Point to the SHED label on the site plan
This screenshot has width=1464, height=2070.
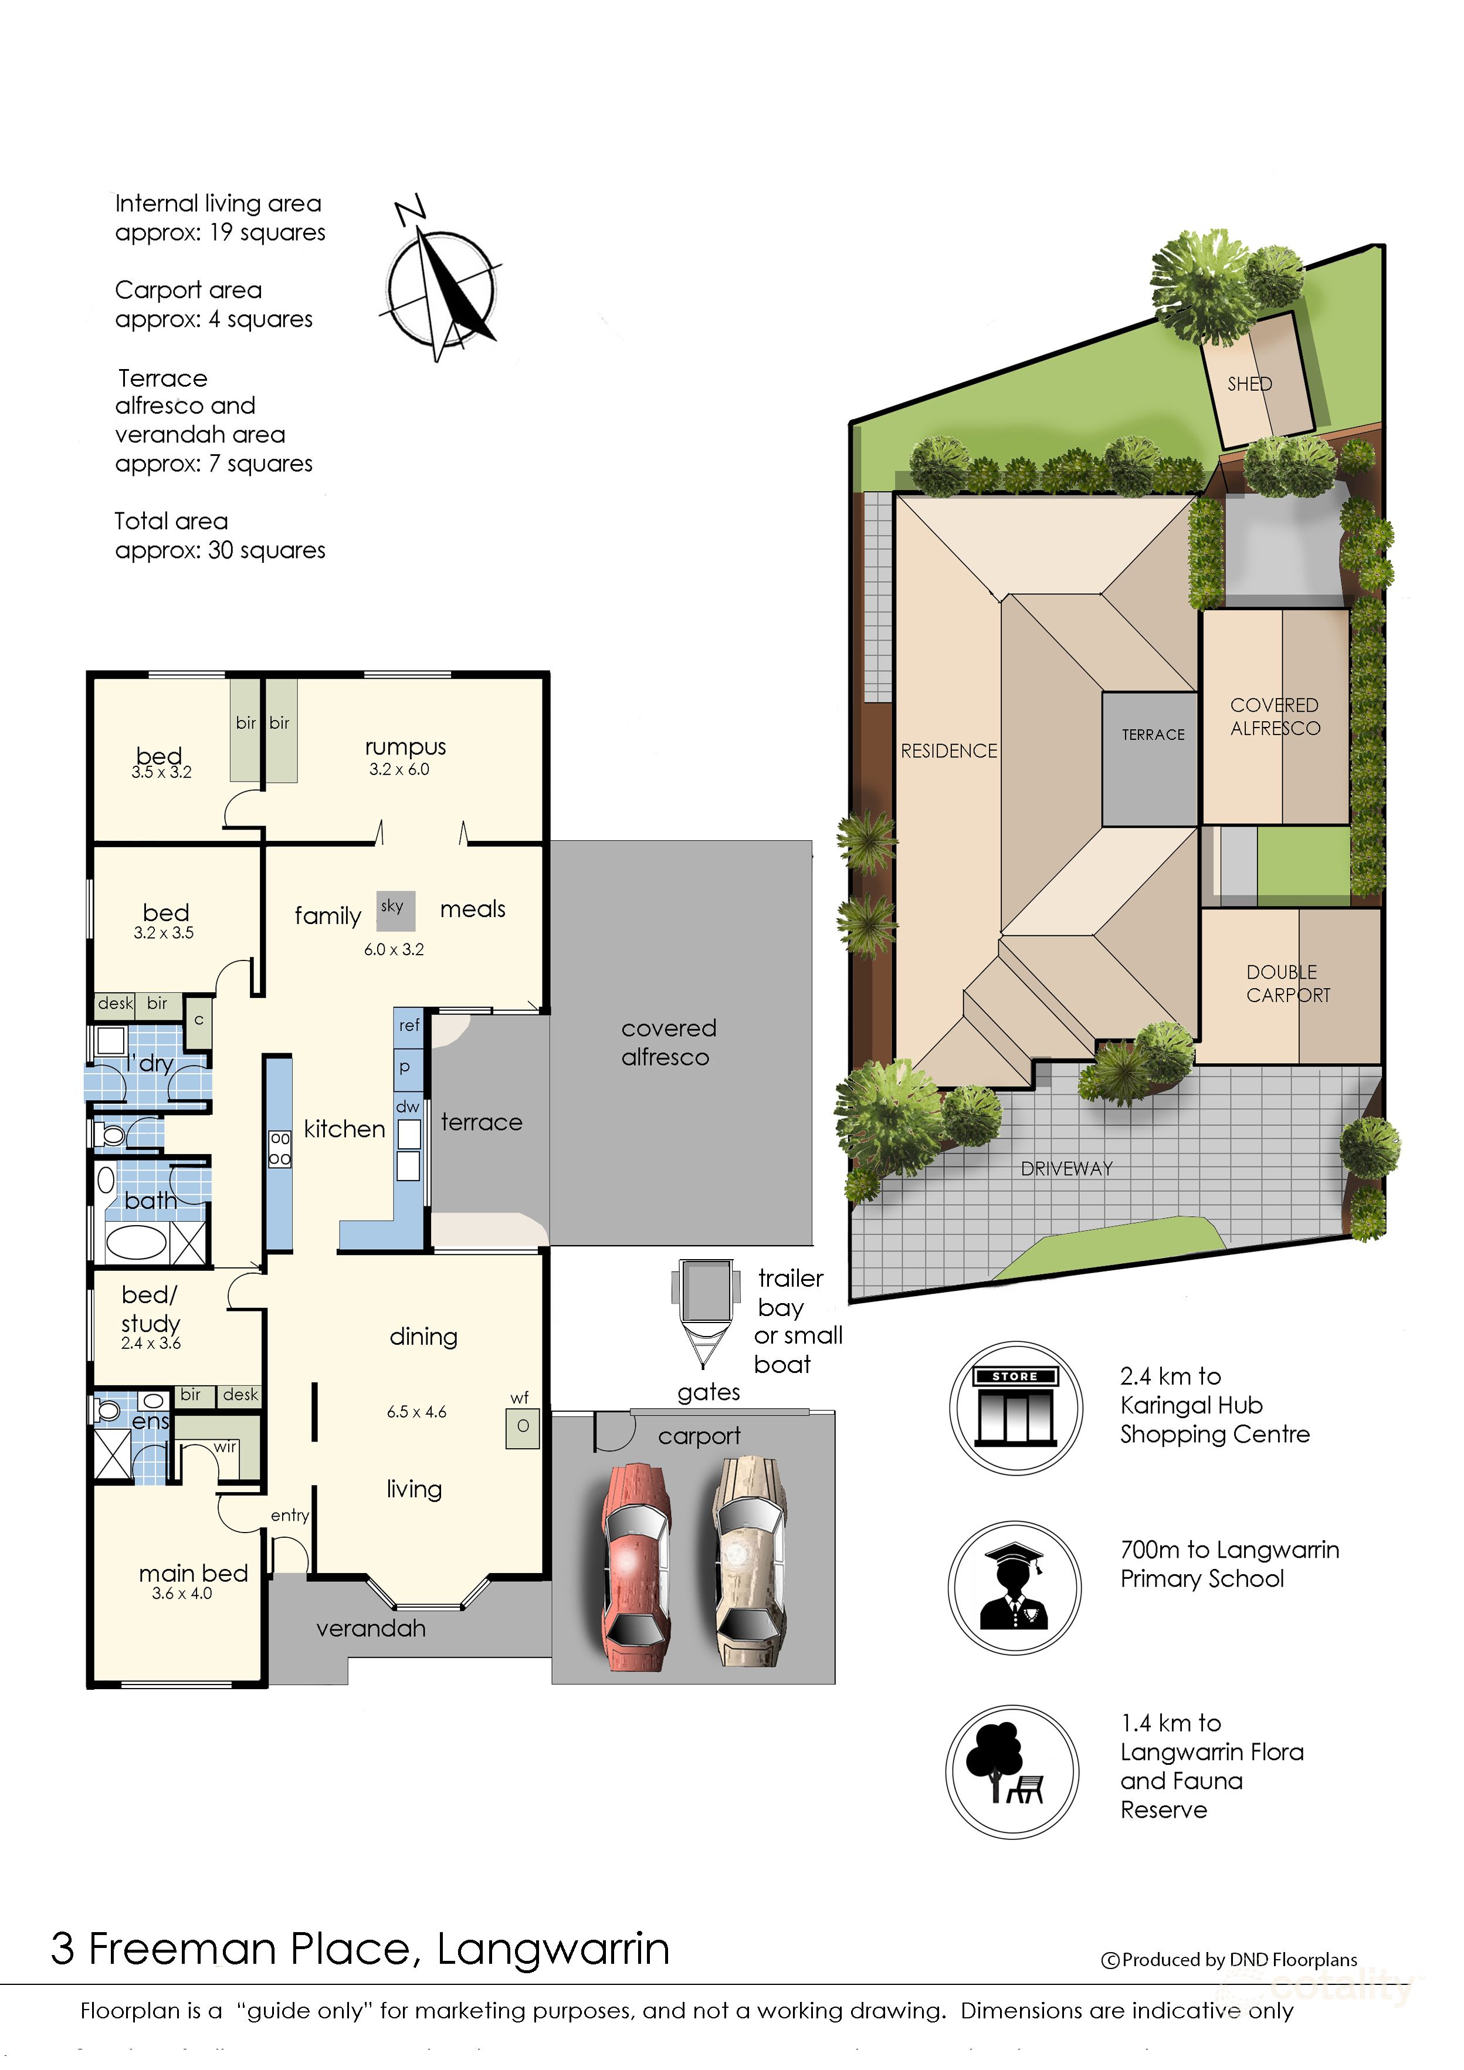coord(1249,384)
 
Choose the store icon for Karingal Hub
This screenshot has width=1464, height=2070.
coord(1015,1408)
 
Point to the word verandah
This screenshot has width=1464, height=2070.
coord(371,1628)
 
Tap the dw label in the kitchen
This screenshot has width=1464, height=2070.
coord(408,1106)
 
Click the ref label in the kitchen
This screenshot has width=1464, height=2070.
coord(409,1025)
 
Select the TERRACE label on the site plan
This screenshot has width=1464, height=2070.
coord(1153,735)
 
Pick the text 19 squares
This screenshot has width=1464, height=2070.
coord(267,232)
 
